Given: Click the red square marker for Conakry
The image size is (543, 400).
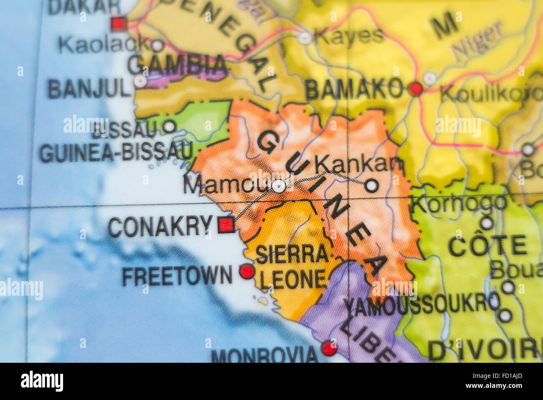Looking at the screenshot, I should (x=226, y=225).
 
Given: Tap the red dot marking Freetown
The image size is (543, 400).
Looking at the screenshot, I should (x=247, y=272).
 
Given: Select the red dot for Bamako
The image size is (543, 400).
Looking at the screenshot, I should (x=416, y=89).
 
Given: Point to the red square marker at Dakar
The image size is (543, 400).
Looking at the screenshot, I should (x=119, y=23).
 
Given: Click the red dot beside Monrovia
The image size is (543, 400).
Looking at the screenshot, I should (x=329, y=348).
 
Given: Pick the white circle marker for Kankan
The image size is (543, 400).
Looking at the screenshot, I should (x=371, y=185).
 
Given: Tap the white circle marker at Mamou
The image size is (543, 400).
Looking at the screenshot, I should (x=279, y=186).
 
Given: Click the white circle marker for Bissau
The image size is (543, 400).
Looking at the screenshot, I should (x=169, y=126).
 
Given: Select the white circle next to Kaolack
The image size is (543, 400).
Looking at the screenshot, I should (x=157, y=45).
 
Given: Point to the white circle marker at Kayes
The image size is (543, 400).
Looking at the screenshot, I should (x=305, y=38).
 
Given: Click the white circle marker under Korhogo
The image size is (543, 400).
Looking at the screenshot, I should (x=487, y=223).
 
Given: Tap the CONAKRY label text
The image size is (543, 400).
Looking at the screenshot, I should (x=160, y=227).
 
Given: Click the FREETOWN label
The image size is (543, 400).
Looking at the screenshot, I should (x=177, y=277).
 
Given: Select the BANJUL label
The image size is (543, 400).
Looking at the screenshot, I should (x=89, y=89).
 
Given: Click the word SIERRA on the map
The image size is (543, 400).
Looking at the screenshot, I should (x=292, y=254).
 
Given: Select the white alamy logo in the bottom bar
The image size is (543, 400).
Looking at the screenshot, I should (x=42, y=381).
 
